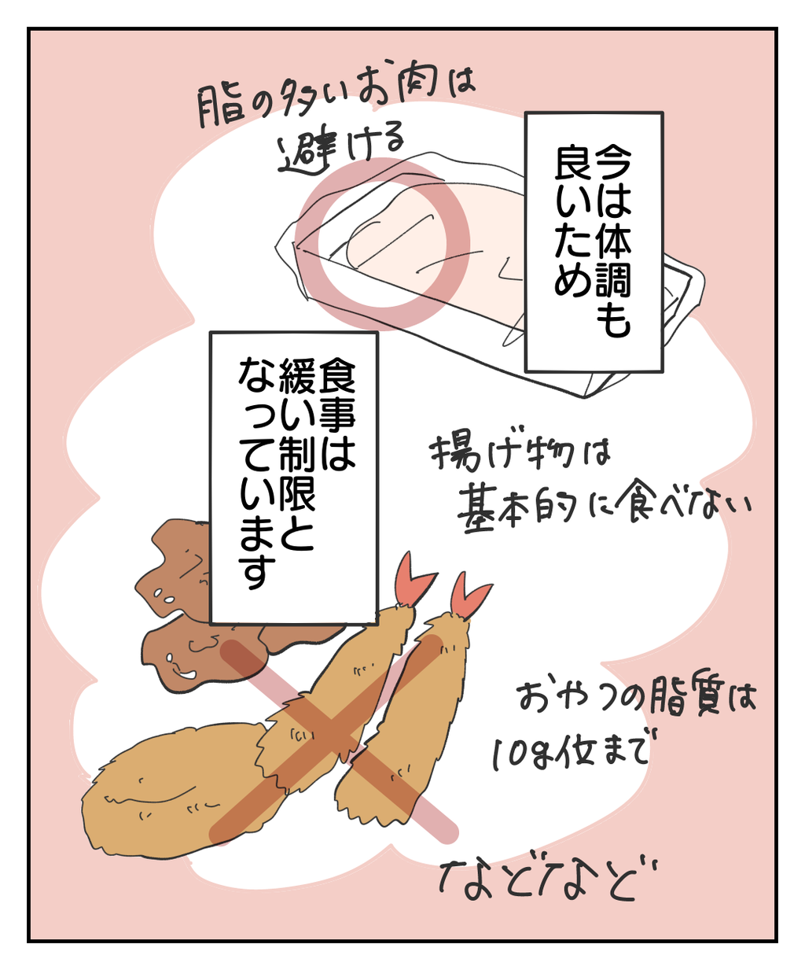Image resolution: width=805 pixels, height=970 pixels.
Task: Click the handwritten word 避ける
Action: pos(343,147)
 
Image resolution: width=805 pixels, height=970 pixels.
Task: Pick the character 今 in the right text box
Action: pos(613,160)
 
